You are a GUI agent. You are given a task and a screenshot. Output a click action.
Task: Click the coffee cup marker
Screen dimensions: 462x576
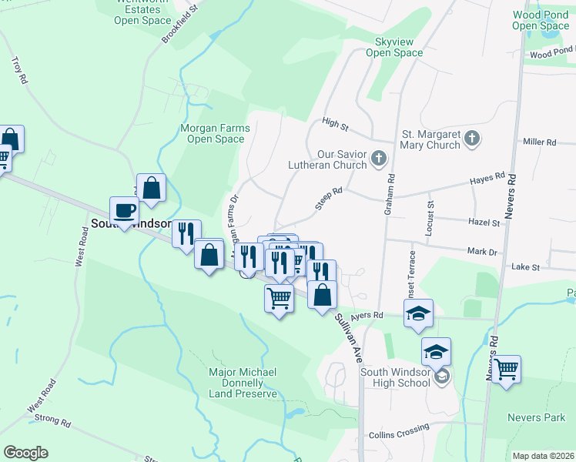pyautogui.click(x=124, y=211)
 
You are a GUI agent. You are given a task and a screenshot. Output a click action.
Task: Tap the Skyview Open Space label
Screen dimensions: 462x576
pyautogui.click(x=394, y=47)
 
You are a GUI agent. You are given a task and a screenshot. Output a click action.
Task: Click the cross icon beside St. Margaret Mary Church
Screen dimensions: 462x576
pyautogui.click(x=473, y=139)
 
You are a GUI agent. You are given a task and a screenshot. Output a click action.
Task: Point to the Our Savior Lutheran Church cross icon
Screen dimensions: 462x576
pyautogui.click(x=378, y=159)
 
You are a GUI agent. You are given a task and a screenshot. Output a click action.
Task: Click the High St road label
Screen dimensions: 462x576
pyautogui.click(x=336, y=122)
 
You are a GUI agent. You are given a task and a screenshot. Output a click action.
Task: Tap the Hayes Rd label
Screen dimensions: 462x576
pyautogui.click(x=487, y=179)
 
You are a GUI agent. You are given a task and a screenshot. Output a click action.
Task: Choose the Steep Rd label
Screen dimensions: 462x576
pyautogui.click(x=328, y=197)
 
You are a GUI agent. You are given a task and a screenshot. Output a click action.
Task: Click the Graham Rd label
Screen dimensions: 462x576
pyautogui.click(x=391, y=187)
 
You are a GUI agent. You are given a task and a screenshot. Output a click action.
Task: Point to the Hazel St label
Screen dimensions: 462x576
pyautogui.click(x=484, y=223)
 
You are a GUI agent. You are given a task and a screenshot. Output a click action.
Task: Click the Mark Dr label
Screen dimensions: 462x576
pyautogui.click(x=482, y=251)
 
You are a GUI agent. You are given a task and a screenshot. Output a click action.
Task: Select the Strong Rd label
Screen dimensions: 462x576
pyautogui.click(x=53, y=423)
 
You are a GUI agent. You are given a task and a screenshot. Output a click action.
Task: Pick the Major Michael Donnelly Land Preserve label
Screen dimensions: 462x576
pyautogui.click(x=243, y=383)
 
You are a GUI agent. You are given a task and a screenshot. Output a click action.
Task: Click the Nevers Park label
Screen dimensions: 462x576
pyautogui.click(x=536, y=417)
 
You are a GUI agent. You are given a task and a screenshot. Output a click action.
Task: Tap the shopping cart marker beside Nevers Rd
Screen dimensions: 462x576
pyautogui.click(x=507, y=368)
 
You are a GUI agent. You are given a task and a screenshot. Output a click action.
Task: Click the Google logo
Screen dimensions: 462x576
pyautogui.click(x=25, y=453)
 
